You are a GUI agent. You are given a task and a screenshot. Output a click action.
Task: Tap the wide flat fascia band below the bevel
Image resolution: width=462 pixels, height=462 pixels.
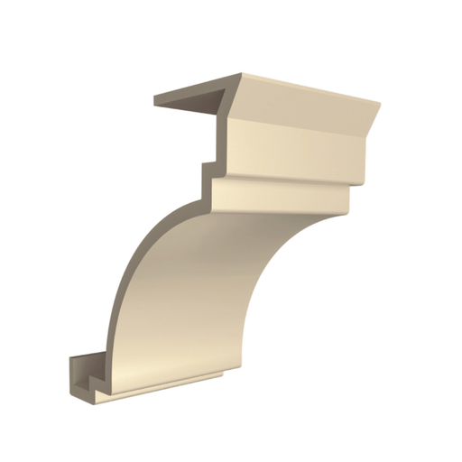pyautogui.click(x=298, y=149)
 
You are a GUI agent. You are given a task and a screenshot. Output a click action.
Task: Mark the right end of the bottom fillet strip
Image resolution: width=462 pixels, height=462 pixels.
pyautogui.click(x=222, y=372)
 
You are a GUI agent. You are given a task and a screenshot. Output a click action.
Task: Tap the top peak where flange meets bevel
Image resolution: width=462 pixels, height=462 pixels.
pyautogui.click(x=241, y=74)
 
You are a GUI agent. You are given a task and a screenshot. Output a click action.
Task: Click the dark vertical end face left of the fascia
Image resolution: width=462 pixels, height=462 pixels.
pyautogui.click(x=221, y=135)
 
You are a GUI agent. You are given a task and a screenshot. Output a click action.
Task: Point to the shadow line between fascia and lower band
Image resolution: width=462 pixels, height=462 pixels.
pyautogui.click(x=289, y=179)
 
